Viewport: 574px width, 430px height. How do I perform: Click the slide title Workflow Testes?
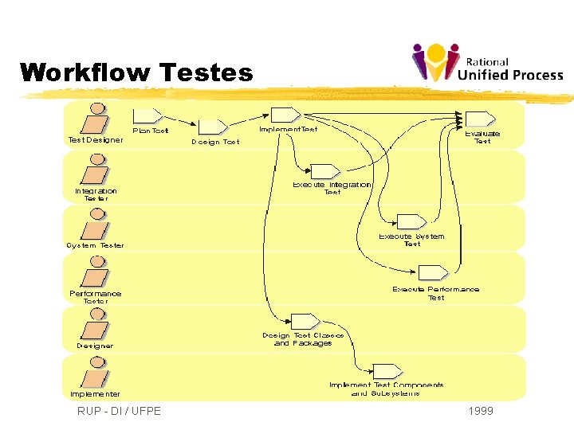click(136, 73)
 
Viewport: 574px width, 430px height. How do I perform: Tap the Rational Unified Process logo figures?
click(435, 62)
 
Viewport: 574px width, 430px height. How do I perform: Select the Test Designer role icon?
click(96, 120)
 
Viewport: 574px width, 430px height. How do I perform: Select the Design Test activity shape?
click(213, 127)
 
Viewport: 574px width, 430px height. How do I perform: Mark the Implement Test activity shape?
click(285, 115)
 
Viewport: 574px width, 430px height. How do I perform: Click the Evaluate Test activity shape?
click(481, 119)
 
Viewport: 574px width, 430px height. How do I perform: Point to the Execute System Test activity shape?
click(412, 221)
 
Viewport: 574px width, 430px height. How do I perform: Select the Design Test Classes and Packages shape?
click(305, 321)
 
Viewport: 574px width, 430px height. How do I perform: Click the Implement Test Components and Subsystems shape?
click(387, 371)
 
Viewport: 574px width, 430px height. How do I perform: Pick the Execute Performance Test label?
click(435, 293)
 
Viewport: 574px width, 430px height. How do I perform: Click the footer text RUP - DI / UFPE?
click(119, 411)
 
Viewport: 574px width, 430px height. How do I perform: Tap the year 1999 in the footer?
click(482, 411)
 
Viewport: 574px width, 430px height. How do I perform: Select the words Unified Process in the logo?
click(511, 76)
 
